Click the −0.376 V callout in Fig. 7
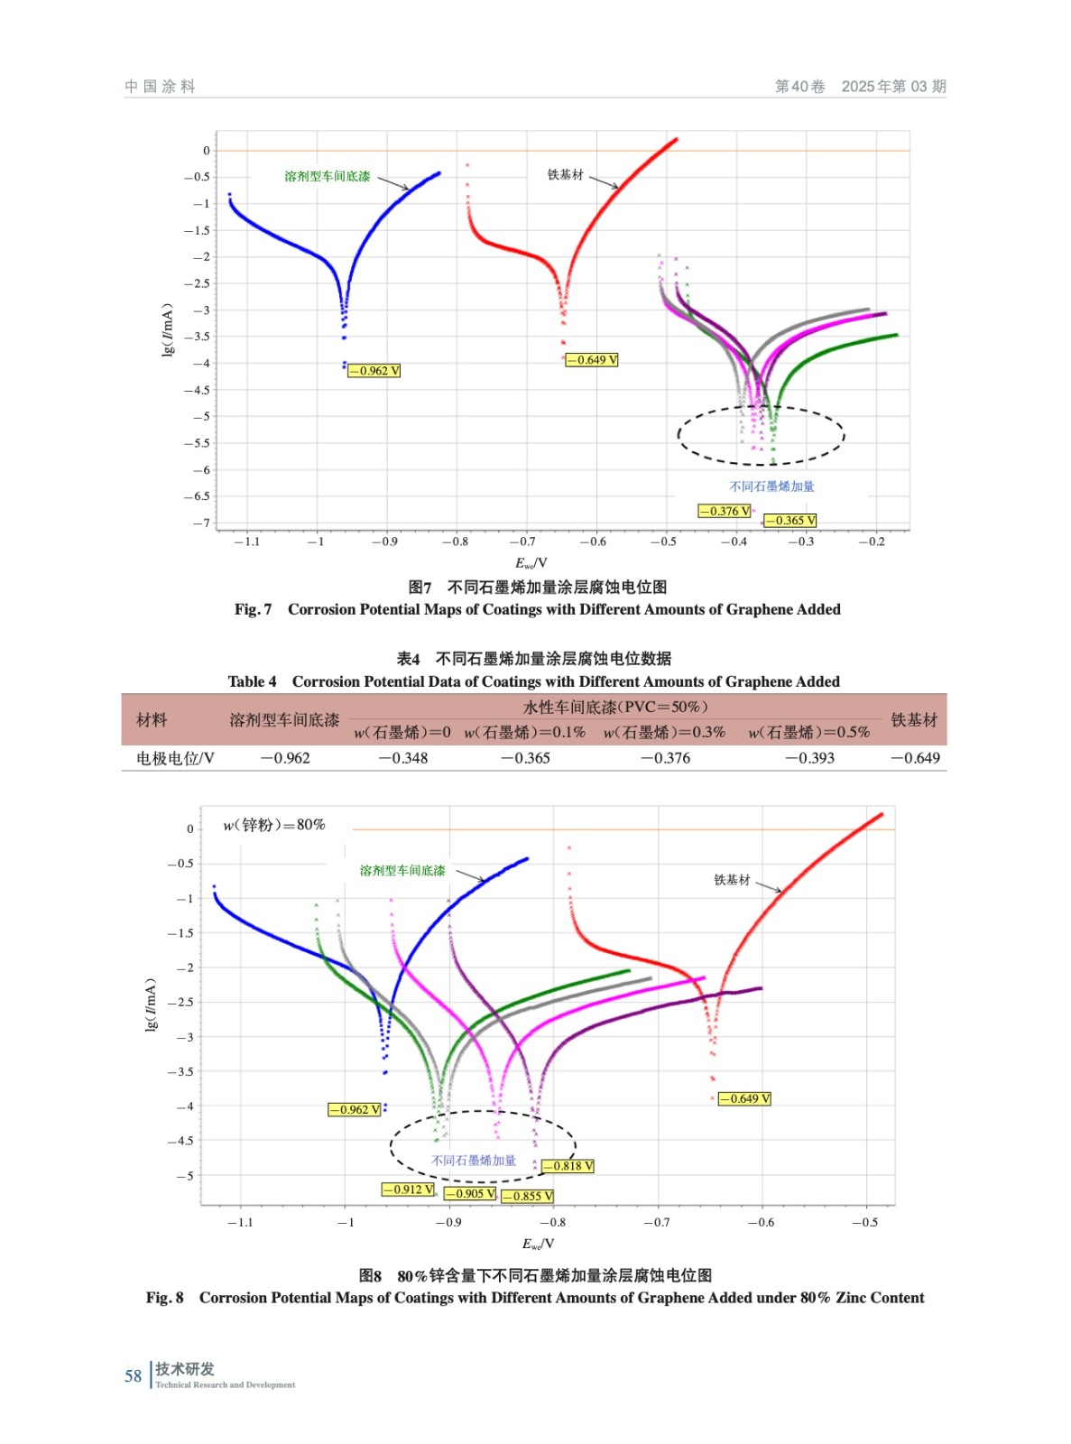coord(724,511)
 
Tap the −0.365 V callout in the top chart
coord(790,521)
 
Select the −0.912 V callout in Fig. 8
coord(408,1189)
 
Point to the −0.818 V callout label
coord(568,1166)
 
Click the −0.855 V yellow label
coord(527,1196)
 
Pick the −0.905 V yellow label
coord(469,1193)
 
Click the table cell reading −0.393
coord(809,758)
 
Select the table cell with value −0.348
coord(403,758)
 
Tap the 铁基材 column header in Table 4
coord(914,719)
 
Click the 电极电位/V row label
coord(175,758)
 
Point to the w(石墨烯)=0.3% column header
coord(664,732)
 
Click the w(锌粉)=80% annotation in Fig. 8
coord(274,825)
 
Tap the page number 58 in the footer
coord(134,1376)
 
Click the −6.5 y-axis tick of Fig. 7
coord(197,496)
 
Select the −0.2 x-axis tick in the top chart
coord(872,541)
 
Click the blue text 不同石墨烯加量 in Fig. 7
coord(771,486)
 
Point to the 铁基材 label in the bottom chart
coord(732,880)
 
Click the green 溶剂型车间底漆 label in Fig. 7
coord(327,176)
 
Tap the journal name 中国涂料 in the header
coord(160,87)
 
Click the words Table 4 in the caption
coord(252,681)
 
